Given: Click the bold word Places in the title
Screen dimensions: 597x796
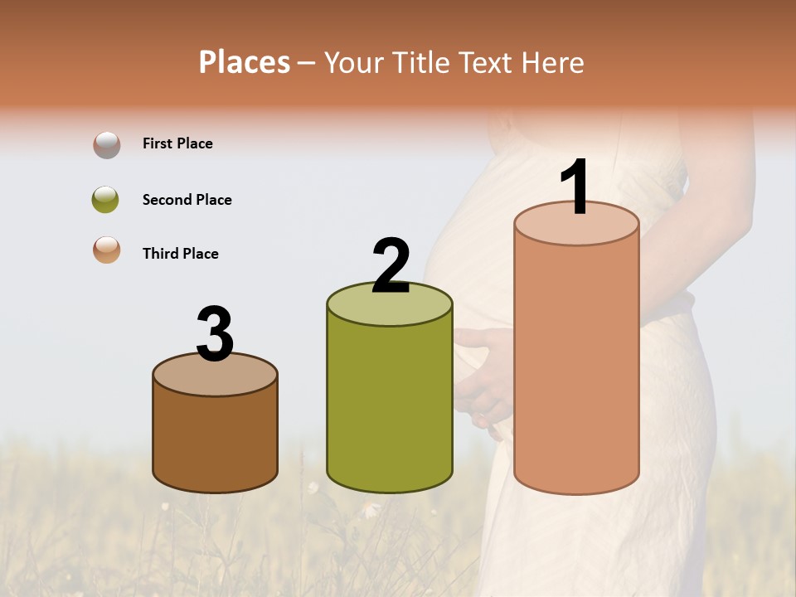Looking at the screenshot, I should click(245, 62).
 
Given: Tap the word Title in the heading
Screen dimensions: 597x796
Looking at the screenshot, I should click(419, 63).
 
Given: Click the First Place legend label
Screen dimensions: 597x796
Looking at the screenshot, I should click(177, 143).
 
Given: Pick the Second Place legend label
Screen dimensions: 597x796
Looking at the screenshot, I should click(187, 200).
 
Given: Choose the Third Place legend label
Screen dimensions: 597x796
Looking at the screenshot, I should click(180, 254).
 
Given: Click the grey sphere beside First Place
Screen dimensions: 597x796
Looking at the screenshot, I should click(106, 145).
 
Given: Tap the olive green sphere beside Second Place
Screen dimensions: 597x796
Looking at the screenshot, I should click(106, 200).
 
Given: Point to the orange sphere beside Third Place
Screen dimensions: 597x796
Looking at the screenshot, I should click(106, 250).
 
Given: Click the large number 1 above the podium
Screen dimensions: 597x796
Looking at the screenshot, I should click(575, 187).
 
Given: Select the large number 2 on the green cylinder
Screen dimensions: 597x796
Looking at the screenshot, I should click(391, 266).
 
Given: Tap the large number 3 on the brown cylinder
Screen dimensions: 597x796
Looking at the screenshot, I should click(215, 334).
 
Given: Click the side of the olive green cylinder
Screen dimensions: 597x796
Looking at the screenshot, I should click(390, 406).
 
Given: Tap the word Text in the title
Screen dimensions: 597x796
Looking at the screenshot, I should click(487, 63).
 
